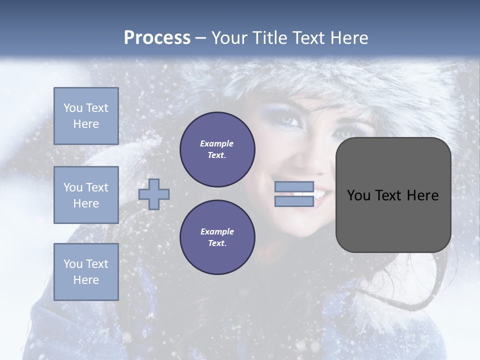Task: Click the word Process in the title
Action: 157,38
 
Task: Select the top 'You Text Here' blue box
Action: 86,116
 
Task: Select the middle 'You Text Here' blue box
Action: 86,195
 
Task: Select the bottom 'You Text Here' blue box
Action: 86,272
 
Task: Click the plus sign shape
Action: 154,194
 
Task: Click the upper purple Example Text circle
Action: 217,149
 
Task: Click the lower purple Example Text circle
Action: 217,237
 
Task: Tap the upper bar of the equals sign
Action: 294,187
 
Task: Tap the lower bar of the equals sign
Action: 294,201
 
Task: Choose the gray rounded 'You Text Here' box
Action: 393,195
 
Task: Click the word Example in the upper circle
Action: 217,143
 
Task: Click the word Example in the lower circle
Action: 217,231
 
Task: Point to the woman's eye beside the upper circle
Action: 282,120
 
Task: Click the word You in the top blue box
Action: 73,108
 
